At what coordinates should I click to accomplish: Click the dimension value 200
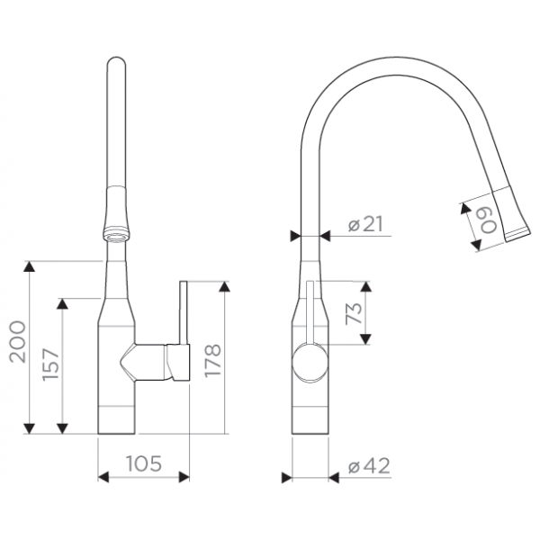click(x=18, y=342)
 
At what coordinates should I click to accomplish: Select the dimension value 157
click(x=50, y=364)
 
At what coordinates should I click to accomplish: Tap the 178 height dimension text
click(x=212, y=360)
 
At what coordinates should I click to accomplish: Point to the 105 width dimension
click(x=144, y=463)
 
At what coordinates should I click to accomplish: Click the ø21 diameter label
click(x=365, y=224)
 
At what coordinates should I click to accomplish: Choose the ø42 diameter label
click(x=369, y=466)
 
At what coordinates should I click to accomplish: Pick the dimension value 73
click(x=355, y=313)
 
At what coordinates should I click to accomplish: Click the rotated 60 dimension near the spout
click(x=489, y=221)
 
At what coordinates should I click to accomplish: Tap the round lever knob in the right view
click(x=310, y=363)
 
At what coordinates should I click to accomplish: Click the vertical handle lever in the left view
click(x=184, y=312)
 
